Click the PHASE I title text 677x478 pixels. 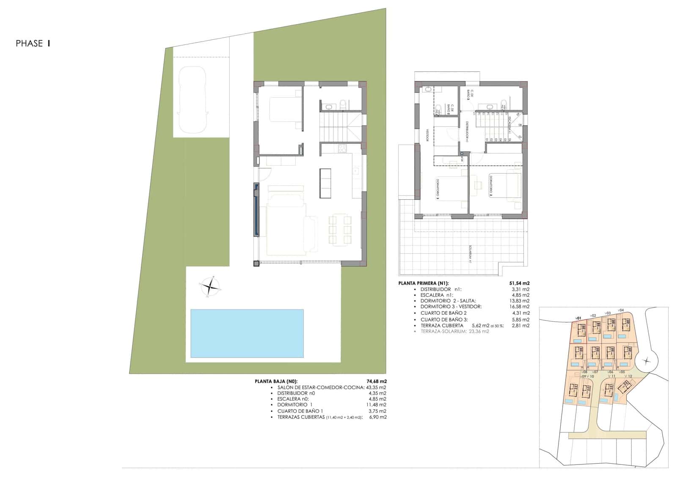pyautogui.click(x=33, y=43)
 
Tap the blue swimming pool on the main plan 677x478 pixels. pyautogui.click(x=247, y=333)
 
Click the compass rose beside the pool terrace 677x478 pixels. pyautogui.click(x=210, y=287)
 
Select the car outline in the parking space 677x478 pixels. pyautogui.click(x=193, y=100)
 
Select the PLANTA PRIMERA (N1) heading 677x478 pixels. pyautogui.click(x=424, y=283)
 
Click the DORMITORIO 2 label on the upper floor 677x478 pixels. pyautogui.click(x=492, y=186)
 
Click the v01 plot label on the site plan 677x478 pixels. pyautogui.click(x=578, y=318)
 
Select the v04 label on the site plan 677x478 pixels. pyautogui.click(x=621, y=310)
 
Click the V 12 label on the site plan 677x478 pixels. pyautogui.click(x=628, y=376)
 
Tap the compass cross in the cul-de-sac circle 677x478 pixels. pyautogui.click(x=646, y=361)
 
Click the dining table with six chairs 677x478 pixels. pyautogui.click(x=340, y=230)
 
